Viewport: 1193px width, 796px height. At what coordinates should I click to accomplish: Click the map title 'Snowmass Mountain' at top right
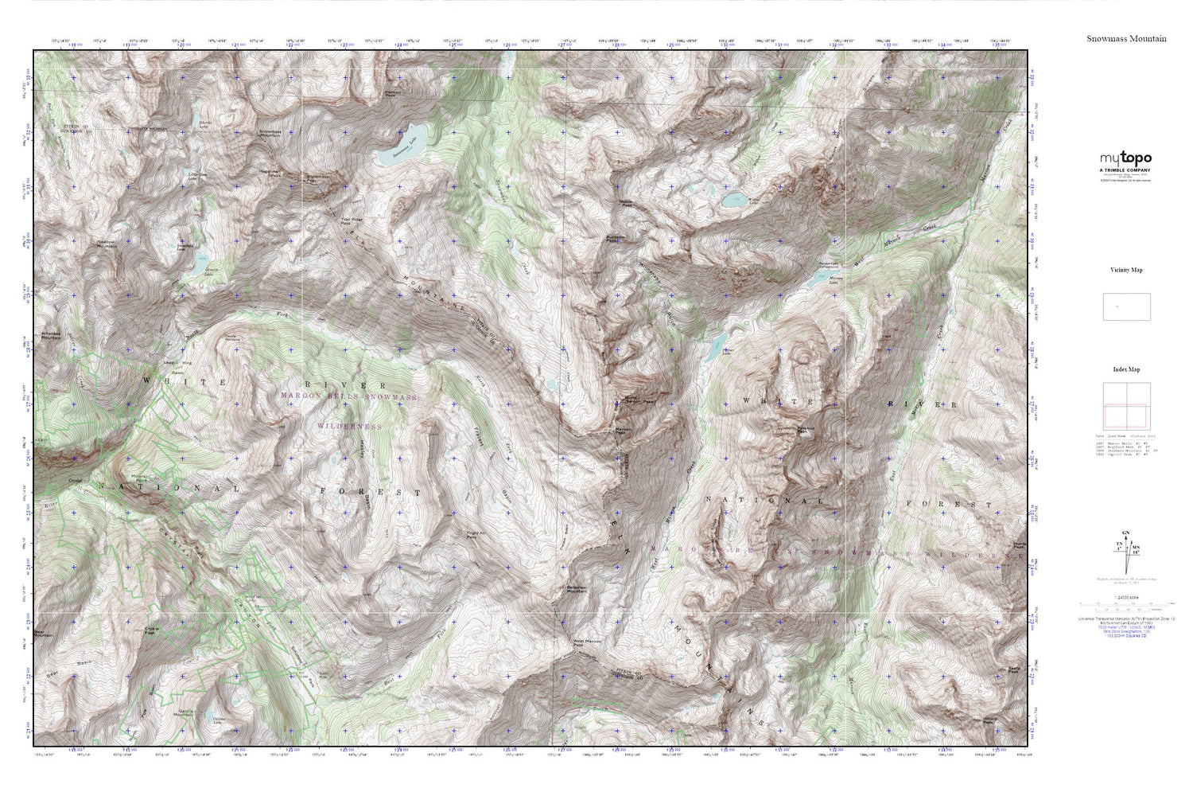1126,38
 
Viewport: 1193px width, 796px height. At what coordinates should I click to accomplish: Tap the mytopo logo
1125,158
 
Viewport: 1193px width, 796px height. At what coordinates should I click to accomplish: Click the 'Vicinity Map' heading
1126,270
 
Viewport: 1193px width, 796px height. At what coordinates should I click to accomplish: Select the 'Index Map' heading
1126,369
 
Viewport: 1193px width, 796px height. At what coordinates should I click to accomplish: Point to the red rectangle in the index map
1125,416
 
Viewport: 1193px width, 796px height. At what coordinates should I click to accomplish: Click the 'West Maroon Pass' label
585,644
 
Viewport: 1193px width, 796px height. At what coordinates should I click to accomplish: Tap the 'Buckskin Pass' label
615,237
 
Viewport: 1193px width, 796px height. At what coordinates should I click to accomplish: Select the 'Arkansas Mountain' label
51,335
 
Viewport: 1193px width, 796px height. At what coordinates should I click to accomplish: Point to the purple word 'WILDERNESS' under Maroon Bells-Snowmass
349,427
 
